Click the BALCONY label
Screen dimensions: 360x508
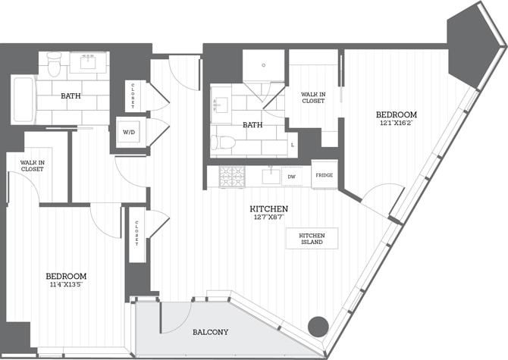click(x=206, y=332)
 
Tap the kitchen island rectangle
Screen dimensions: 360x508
click(x=312, y=238)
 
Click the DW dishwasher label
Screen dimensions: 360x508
click(x=291, y=177)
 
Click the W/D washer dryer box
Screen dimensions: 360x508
click(x=129, y=132)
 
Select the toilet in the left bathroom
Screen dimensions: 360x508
click(x=54, y=65)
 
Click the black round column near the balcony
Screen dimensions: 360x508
click(x=318, y=327)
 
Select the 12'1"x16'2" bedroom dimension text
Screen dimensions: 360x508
click(x=396, y=125)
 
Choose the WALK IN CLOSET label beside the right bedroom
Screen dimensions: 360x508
click(x=312, y=97)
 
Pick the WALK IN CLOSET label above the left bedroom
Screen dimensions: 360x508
click(x=31, y=165)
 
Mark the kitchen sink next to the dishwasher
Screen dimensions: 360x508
click(x=270, y=176)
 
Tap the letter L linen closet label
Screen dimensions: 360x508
click(x=293, y=144)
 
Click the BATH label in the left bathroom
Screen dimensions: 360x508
click(x=71, y=96)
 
